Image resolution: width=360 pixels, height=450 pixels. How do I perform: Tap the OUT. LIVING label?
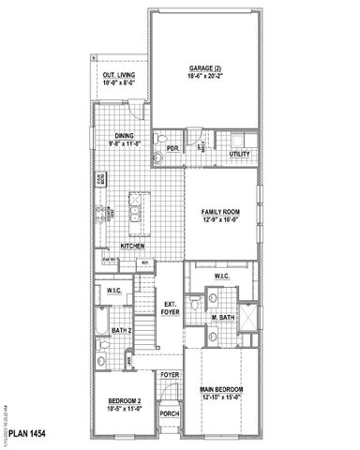[118, 77]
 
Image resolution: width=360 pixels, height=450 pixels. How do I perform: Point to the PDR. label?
[172, 148]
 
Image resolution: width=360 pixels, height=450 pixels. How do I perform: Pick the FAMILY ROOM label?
[221, 213]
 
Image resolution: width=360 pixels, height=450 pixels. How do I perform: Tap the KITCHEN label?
[132, 246]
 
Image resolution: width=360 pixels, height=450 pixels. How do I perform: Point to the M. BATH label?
[222, 319]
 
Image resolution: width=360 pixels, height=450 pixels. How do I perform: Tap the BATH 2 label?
[120, 329]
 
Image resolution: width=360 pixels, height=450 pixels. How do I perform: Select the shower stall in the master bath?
[247, 317]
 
